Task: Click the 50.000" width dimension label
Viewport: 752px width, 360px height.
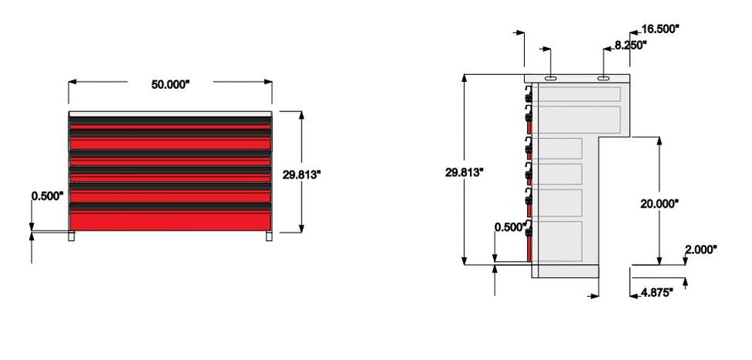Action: tap(169, 85)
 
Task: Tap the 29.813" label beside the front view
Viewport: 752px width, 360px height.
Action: tap(301, 175)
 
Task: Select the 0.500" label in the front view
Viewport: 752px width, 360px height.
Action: tap(47, 196)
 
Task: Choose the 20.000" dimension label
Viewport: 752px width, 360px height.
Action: tap(659, 203)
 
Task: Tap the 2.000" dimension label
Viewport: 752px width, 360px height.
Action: tap(700, 250)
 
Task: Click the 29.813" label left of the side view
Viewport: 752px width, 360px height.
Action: tap(464, 172)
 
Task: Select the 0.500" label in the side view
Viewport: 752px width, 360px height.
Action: tap(510, 226)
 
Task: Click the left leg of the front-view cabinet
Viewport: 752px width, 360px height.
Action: tap(73, 237)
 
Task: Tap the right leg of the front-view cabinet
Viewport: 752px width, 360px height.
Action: tap(268, 237)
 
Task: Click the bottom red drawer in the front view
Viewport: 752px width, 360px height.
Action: tap(170, 221)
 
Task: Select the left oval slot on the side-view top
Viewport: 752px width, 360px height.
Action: tap(550, 78)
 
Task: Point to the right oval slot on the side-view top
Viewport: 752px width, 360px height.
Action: tap(604, 78)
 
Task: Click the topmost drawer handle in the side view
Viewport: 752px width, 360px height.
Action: tap(529, 98)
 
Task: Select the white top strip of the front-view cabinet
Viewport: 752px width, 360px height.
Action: tap(170, 113)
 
